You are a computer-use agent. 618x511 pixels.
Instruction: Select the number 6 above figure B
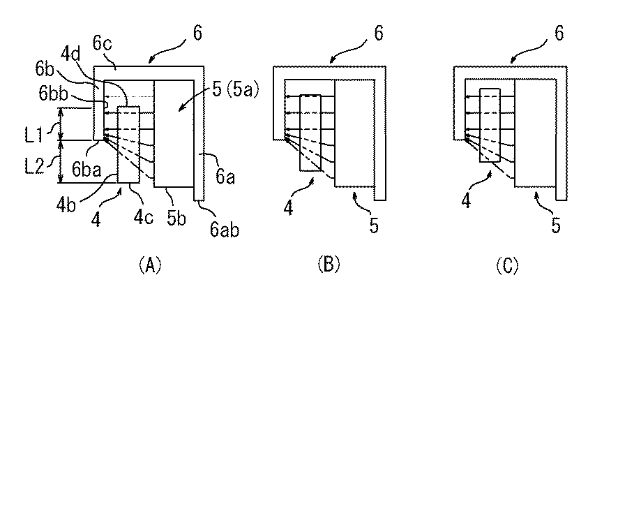click(x=377, y=34)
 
